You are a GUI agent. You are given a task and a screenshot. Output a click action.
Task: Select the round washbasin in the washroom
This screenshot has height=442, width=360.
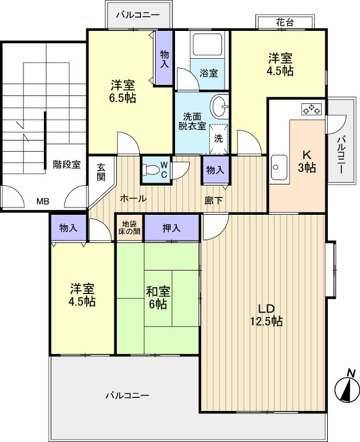click(220, 106)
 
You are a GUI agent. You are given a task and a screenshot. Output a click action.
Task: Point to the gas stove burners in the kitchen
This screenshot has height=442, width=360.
click(311, 110)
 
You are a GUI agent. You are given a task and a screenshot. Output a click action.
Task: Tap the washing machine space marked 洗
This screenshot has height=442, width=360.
click(218, 137)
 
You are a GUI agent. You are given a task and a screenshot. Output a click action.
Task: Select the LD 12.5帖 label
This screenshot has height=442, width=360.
click(266, 315)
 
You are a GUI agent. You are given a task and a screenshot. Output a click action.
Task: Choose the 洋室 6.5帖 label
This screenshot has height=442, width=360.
click(124, 91)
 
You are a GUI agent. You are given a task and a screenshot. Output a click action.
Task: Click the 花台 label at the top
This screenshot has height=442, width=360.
click(285, 22)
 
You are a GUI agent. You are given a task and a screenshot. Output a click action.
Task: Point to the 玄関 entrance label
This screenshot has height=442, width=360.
click(101, 171)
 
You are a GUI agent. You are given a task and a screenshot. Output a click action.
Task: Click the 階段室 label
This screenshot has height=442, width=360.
click(66, 165)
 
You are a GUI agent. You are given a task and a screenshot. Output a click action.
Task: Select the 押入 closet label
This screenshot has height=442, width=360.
click(171, 228)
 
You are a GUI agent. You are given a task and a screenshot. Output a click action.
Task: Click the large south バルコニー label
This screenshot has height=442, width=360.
click(127, 395)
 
